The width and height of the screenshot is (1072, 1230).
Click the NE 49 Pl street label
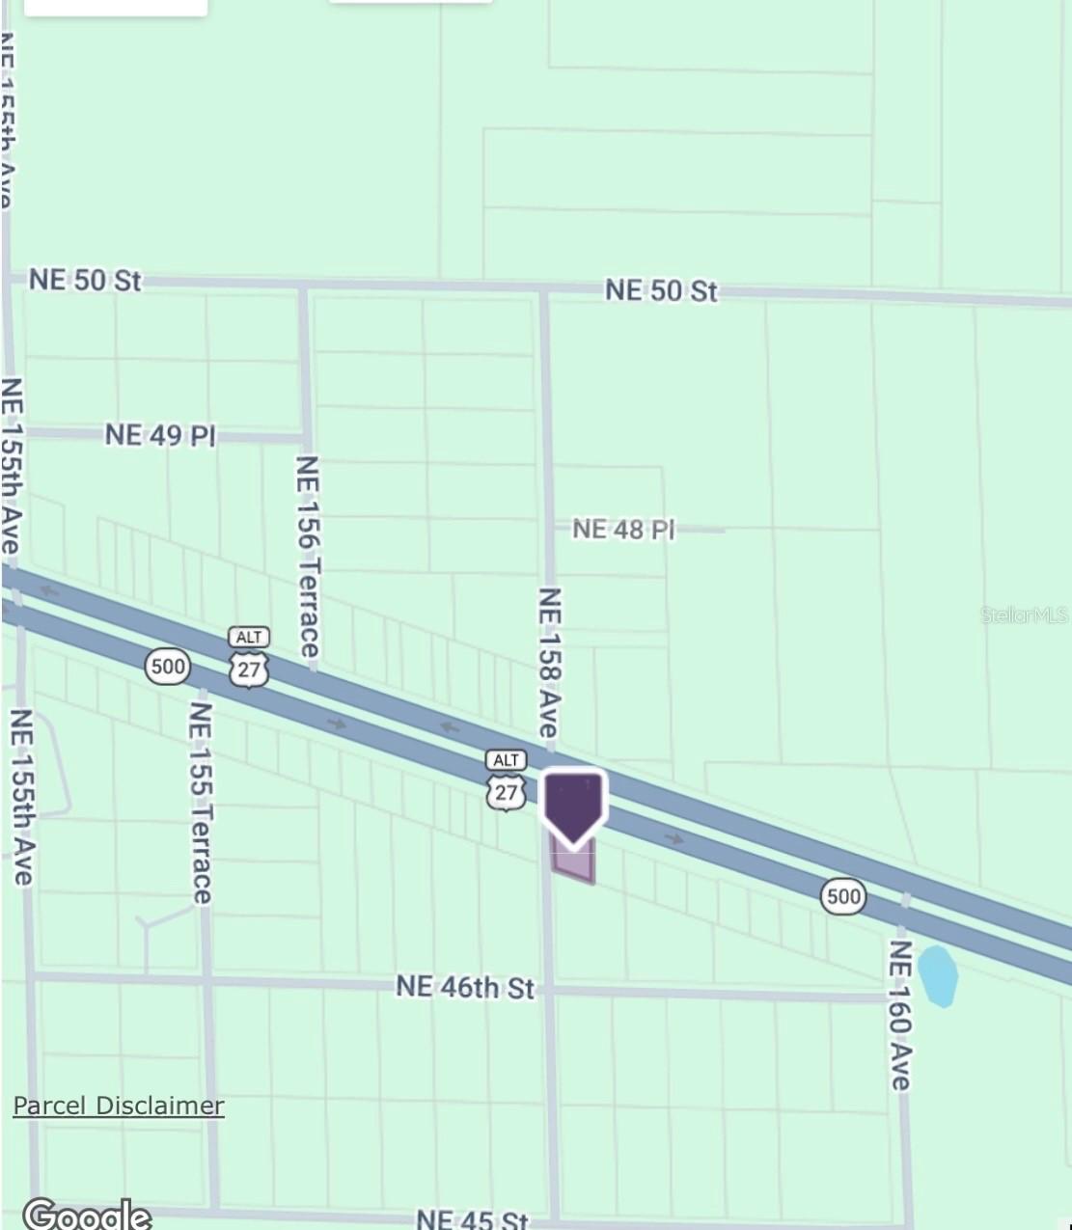click(x=160, y=435)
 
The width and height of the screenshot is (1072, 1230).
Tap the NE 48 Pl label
click(x=622, y=530)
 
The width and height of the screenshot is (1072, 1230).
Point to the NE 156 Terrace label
click(x=308, y=557)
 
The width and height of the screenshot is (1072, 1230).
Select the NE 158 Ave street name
click(x=549, y=663)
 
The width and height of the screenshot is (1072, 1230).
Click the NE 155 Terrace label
click(x=201, y=803)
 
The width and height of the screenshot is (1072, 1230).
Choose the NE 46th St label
click(x=464, y=987)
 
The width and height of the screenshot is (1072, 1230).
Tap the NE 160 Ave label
click(x=899, y=1014)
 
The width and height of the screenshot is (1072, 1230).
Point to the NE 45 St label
click(x=473, y=1219)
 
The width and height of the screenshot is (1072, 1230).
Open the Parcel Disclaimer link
click(x=118, y=1106)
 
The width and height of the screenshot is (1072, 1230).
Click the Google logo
click(x=88, y=1214)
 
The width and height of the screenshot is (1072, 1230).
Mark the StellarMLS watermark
click(x=1025, y=615)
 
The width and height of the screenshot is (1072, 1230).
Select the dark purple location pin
click(x=574, y=806)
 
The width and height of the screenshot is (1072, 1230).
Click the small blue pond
click(x=937, y=975)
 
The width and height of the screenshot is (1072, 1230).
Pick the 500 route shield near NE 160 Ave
click(x=842, y=896)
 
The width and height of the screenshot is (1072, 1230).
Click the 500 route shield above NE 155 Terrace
click(x=167, y=666)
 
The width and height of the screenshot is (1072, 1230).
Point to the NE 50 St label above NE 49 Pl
click(x=85, y=281)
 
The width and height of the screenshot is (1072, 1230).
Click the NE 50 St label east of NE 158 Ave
click(x=661, y=290)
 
